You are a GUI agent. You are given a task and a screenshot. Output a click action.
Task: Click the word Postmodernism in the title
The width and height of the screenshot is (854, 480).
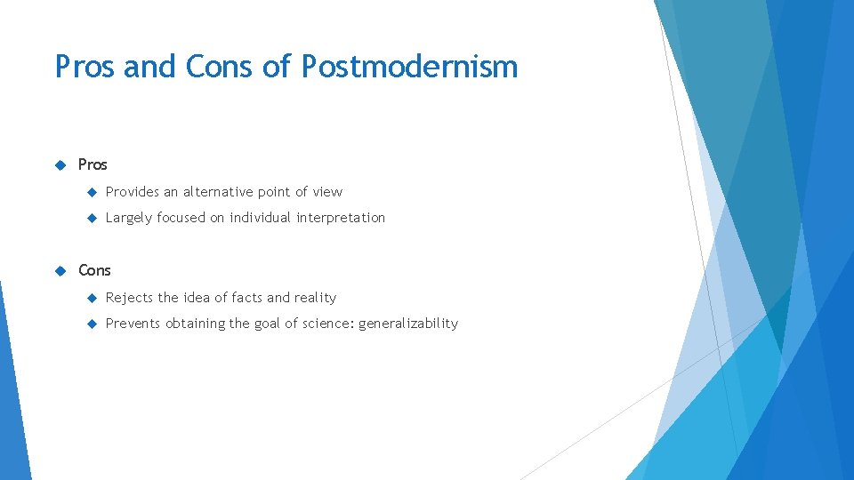pos(409,67)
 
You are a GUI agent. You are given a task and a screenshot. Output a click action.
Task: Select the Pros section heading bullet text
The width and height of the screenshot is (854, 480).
pos(93,164)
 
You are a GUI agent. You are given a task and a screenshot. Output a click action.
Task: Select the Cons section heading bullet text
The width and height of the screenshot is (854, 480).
pos(94,270)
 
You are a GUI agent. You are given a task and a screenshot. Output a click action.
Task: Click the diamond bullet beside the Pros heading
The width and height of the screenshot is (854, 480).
pos(60,164)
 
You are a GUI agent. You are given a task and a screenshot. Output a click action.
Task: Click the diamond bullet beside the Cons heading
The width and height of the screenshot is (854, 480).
pos(60,270)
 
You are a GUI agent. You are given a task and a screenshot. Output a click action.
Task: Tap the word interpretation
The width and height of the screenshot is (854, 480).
pos(341,218)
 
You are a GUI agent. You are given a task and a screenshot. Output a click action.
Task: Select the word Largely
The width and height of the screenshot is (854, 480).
pos(129,218)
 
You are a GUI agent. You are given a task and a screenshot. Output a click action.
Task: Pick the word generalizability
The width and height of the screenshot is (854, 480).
pos(408,324)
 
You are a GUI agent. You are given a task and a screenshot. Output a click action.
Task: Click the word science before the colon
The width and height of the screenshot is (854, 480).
pos(328,324)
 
